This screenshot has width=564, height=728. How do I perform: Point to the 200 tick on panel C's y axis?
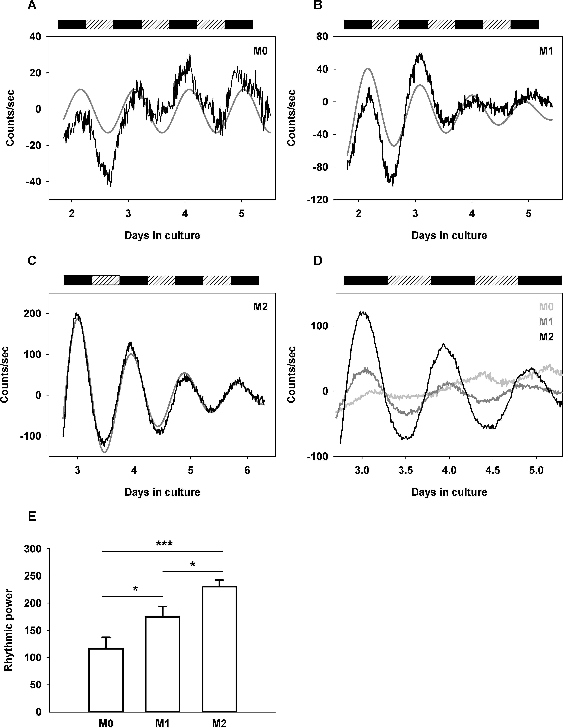(34, 314)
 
